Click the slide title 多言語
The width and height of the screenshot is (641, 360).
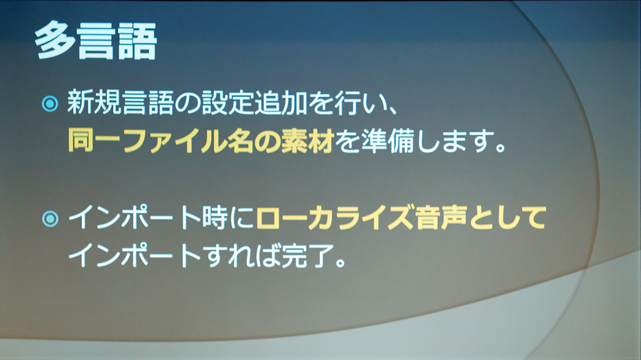[x=96, y=41]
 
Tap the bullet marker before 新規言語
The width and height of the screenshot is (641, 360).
[x=50, y=104]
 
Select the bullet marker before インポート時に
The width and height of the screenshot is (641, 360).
[x=50, y=219]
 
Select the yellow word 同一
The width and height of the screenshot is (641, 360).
[x=94, y=140]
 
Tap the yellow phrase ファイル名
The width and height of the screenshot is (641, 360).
[x=187, y=140]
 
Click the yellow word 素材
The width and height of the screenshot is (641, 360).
[x=307, y=140]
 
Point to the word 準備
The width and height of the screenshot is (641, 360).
[x=387, y=140]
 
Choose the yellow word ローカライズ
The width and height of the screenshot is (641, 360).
[x=334, y=217]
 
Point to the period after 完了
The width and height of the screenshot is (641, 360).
[x=341, y=263]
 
